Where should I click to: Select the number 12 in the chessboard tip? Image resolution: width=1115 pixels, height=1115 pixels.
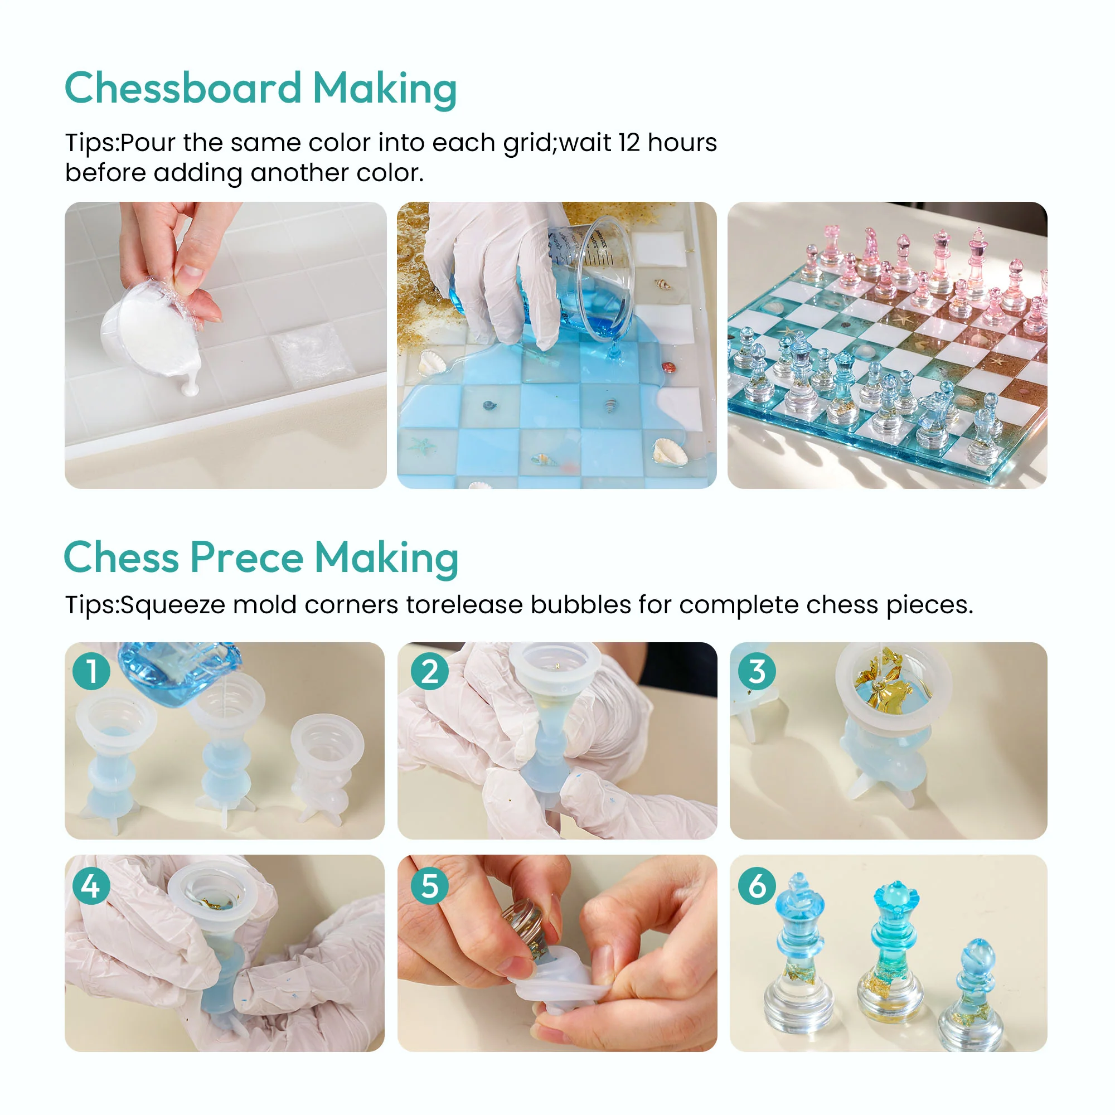point(629,143)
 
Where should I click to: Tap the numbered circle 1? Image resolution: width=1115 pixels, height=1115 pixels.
point(91,671)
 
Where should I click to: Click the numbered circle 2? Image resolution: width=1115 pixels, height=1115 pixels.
point(429,671)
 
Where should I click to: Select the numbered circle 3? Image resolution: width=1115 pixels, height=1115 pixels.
point(757,671)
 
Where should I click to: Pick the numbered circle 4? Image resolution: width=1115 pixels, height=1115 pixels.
point(91,886)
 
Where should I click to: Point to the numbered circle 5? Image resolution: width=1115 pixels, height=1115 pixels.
point(429,886)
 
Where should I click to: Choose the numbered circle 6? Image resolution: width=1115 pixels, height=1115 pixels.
point(757,886)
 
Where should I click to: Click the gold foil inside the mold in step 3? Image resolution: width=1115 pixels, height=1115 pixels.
point(883,681)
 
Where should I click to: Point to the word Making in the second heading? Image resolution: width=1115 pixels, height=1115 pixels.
point(386,558)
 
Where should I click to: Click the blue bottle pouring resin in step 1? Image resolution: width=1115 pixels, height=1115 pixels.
point(179,672)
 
